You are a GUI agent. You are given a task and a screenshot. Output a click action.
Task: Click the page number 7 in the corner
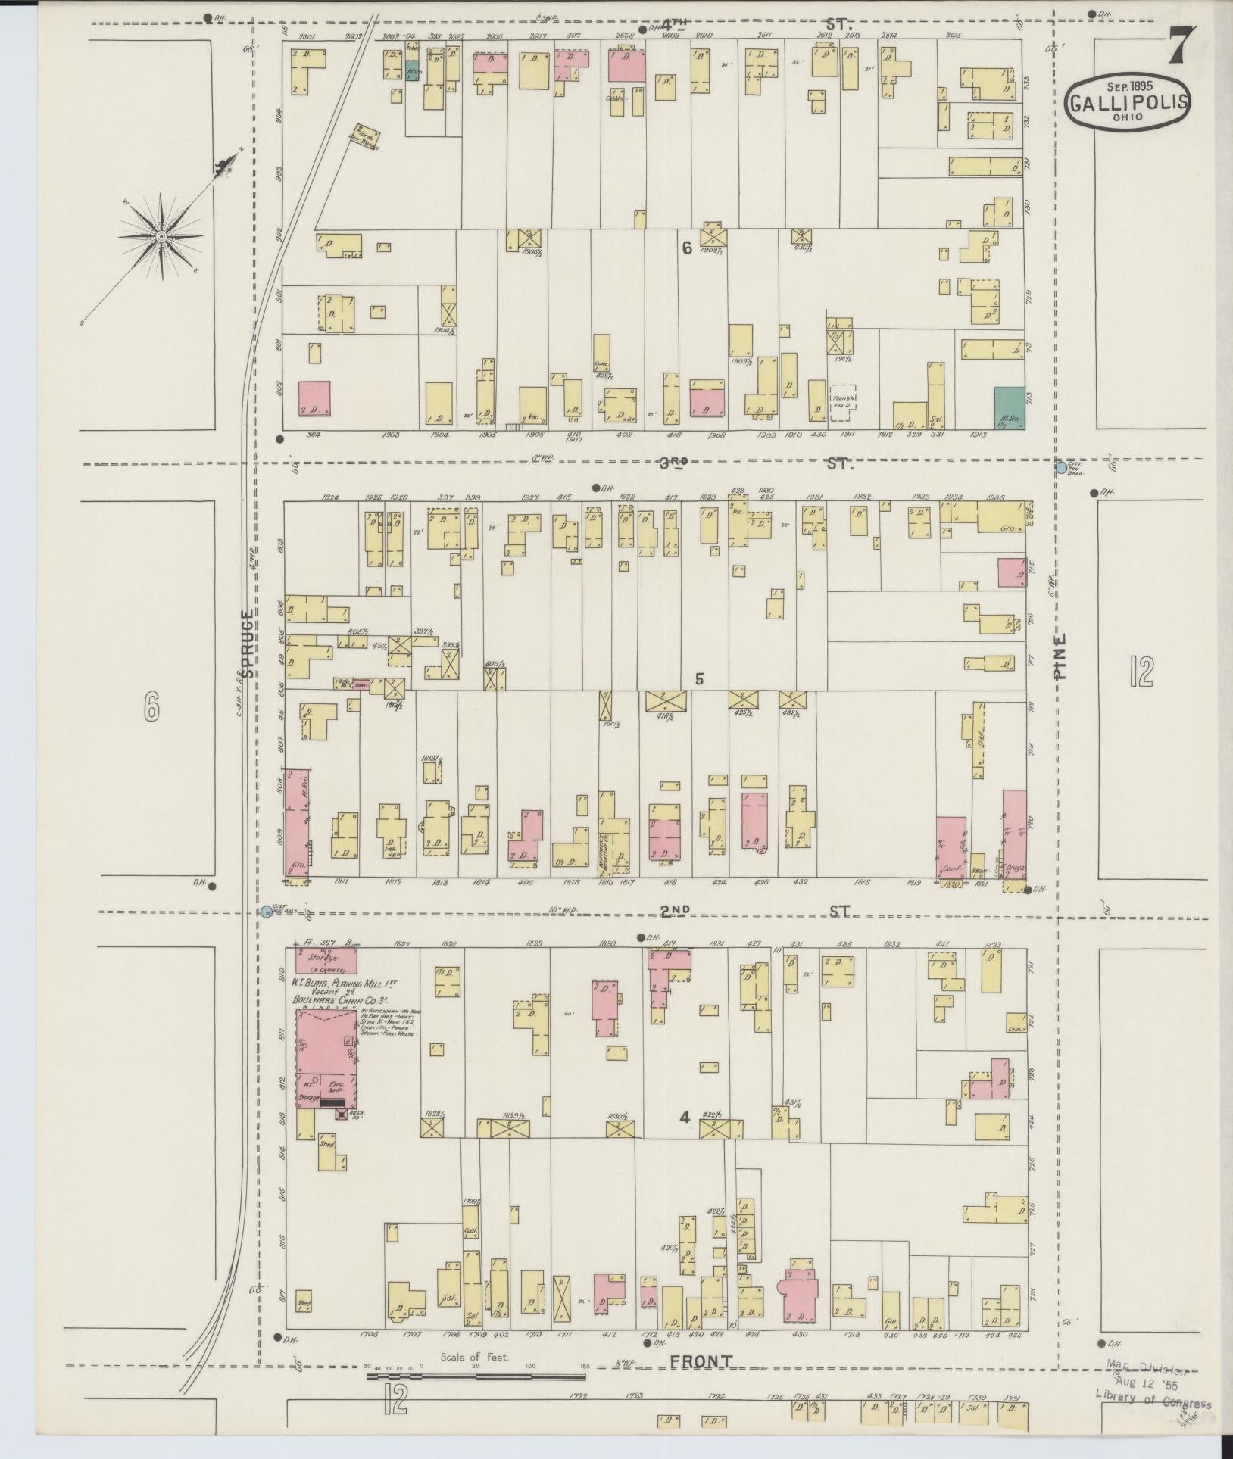(1181, 47)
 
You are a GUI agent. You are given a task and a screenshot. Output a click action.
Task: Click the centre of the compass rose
(161, 237)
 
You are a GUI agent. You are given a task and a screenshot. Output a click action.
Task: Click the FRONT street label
(701, 1361)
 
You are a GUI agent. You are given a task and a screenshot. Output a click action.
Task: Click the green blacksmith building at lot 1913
(1010, 410)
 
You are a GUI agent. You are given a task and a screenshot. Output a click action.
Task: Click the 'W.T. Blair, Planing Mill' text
(345, 984)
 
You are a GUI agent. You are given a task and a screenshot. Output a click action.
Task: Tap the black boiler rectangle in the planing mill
(332, 1104)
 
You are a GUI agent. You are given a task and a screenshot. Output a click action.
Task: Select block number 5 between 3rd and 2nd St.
(699, 679)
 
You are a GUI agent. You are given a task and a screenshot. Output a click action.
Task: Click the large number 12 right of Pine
(1140, 672)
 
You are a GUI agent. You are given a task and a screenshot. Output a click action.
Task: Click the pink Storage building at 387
(326, 961)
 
